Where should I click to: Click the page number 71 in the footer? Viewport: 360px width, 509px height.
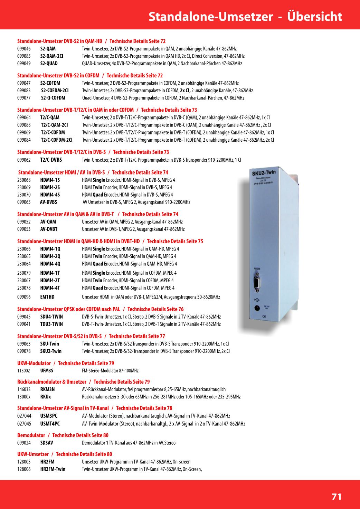[x=336, y=497]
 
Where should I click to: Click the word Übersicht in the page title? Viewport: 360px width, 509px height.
[x=314, y=16]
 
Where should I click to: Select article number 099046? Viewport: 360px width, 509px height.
[x=24, y=49]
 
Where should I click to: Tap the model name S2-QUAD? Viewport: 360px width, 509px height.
[x=49, y=64]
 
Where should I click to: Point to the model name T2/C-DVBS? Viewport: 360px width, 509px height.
[x=51, y=160]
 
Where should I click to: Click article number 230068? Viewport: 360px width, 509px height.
[x=24, y=180]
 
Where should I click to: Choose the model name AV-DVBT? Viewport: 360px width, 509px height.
[x=49, y=229]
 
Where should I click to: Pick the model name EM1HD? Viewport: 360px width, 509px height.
[x=47, y=297]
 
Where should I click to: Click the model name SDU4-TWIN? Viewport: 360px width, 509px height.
[x=51, y=317]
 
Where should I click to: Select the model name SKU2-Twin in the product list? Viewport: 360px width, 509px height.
[x=51, y=351]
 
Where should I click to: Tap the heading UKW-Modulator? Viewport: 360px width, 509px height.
[x=34, y=363]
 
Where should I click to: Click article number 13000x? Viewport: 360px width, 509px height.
[x=24, y=397]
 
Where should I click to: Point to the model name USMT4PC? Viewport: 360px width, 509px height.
[x=50, y=424]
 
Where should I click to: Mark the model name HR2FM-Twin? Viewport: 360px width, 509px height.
[x=53, y=469]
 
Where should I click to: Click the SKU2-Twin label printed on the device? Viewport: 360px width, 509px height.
[x=264, y=172]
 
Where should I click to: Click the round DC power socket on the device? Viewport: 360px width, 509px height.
[x=257, y=308]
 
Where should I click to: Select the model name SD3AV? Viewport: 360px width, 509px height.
[x=47, y=443]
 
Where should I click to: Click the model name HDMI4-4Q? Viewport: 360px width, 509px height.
[x=50, y=264]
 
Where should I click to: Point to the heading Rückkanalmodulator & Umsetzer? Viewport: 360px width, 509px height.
[x=52, y=382]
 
